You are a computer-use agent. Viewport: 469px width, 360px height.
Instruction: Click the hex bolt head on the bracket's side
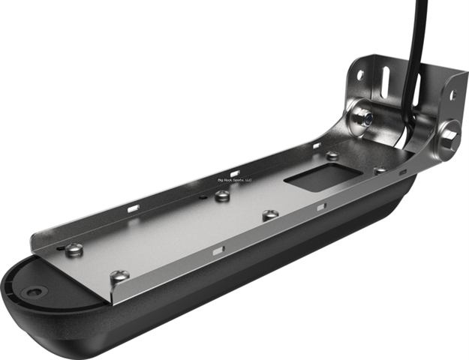point(449,136)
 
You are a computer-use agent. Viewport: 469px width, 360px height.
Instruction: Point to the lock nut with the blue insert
point(362,116)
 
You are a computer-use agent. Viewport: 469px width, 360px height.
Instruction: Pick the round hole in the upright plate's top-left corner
point(360,76)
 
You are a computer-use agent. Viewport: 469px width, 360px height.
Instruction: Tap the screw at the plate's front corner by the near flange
point(120,276)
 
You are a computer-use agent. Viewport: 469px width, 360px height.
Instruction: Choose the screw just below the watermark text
point(222,196)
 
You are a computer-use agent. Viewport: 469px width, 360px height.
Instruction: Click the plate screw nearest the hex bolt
point(380,170)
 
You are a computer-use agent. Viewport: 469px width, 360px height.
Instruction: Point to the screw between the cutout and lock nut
point(331,155)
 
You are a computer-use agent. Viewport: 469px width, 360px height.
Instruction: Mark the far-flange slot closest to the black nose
point(134,208)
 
